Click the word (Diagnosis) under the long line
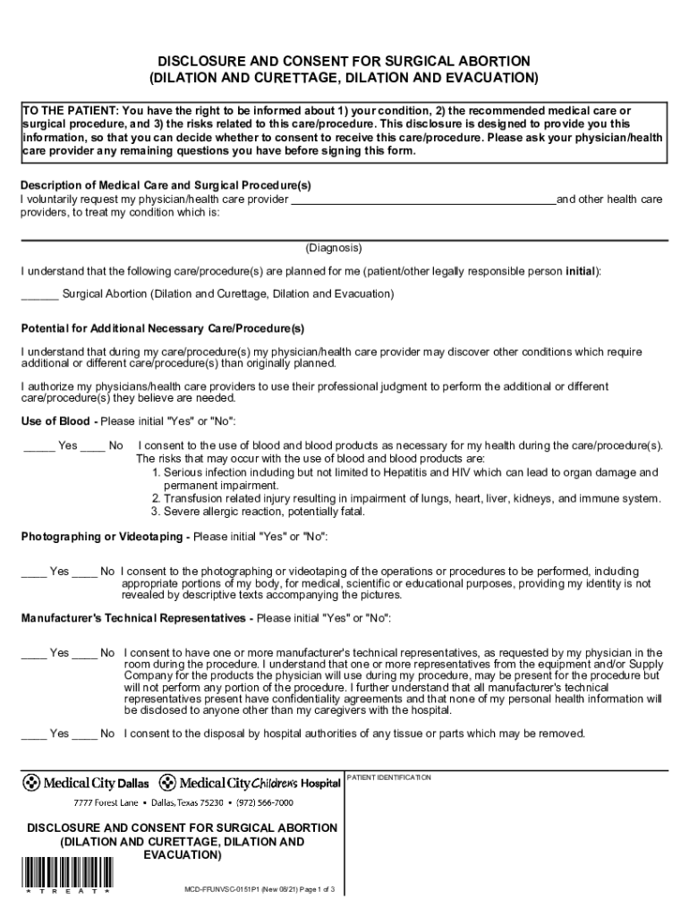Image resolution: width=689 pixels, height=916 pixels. pos(334,248)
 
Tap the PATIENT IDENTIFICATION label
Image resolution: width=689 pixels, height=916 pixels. pos(389,777)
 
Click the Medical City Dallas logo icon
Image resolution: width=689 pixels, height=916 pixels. pos(31,783)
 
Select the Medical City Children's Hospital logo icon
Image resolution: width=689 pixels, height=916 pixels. pos(166,783)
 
